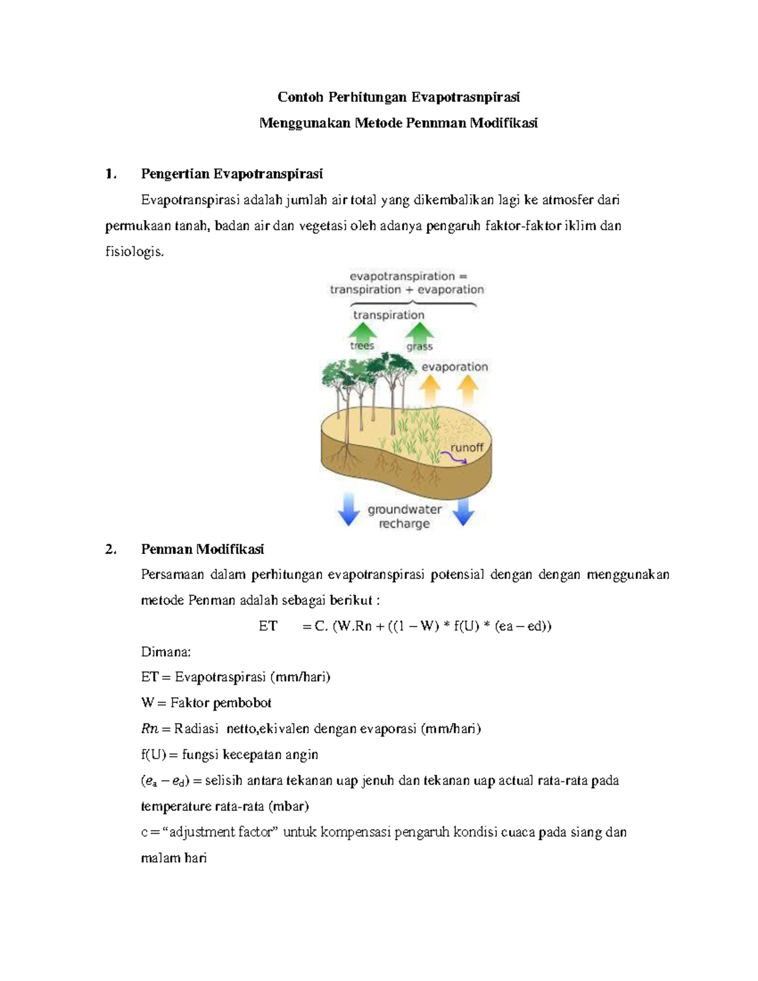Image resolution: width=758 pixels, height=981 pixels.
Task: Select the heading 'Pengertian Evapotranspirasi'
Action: click(x=232, y=174)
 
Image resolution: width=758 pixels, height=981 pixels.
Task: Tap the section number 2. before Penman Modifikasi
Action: click(x=111, y=549)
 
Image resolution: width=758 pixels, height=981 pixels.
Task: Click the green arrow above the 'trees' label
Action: click(x=363, y=331)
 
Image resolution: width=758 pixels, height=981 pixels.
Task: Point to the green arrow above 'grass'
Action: click(x=419, y=331)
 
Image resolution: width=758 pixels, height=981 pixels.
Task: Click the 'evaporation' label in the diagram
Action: click(x=454, y=367)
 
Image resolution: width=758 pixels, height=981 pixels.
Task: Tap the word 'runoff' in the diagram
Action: click(x=466, y=447)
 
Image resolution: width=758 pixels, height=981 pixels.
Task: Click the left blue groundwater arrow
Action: click(x=348, y=510)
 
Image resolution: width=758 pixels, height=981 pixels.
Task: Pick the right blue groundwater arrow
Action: click(x=464, y=510)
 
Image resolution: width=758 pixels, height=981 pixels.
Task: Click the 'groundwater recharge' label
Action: click(x=404, y=516)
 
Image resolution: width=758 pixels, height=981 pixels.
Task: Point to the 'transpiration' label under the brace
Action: click(x=388, y=315)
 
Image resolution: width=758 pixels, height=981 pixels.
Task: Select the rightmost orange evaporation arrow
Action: click(x=467, y=390)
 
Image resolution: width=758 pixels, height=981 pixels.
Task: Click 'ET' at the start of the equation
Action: click(x=268, y=626)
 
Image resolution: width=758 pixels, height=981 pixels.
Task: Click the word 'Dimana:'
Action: click(x=164, y=652)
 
